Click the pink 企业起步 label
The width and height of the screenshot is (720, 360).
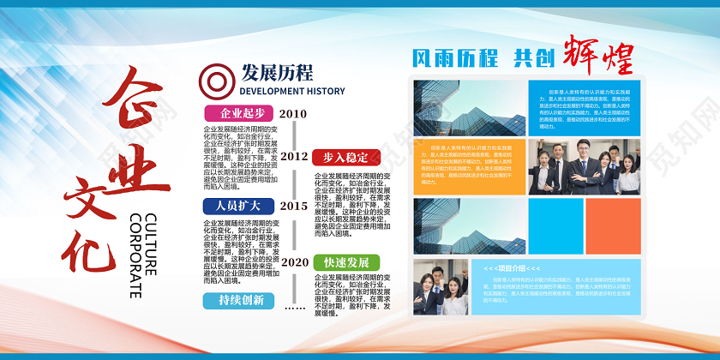(239, 113)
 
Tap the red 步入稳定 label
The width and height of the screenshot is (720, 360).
(345, 157)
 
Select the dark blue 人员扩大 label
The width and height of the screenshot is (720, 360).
(238, 206)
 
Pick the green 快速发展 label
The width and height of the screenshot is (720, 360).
(345, 262)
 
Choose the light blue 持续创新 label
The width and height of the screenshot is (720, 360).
(239, 300)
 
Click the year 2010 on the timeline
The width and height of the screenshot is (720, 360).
(293, 113)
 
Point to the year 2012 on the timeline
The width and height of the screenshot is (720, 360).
(293, 156)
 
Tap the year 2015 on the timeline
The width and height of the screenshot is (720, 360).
(293, 206)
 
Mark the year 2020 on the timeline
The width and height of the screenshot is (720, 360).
(294, 261)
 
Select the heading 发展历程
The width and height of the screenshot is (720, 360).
(277, 71)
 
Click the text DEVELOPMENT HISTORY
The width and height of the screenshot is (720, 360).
(292, 91)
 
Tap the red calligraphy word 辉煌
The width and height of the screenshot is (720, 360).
(597, 55)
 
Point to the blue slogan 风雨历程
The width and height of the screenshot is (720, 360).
(455, 58)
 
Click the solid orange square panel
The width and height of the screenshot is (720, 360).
(612, 226)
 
